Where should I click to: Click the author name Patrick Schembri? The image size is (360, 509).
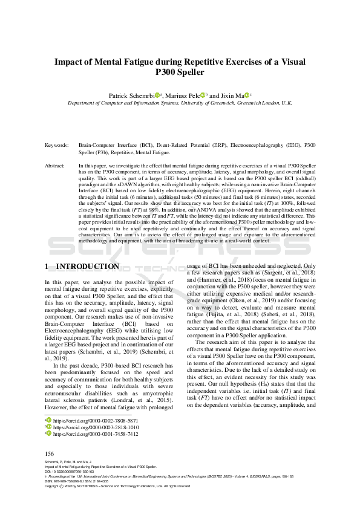(133, 95)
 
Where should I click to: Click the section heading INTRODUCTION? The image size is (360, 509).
(87, 267)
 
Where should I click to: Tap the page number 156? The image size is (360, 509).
(50, 453)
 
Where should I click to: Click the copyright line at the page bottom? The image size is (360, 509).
(117, 485)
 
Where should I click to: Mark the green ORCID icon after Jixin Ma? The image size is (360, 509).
(246, 95)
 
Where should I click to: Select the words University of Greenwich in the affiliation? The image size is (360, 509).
(214, 103)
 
